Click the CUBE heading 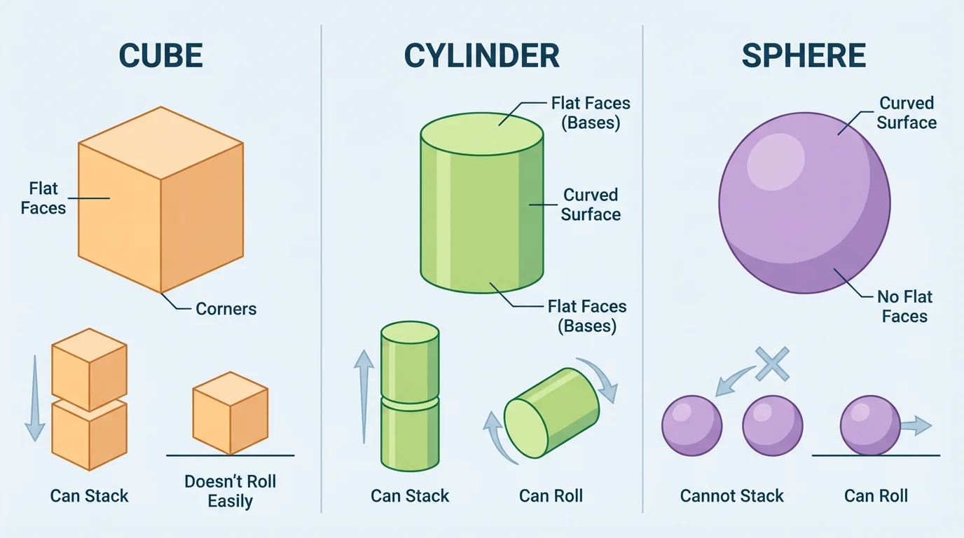point(160,56)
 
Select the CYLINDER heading point(481,56)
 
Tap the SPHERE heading point(804,56)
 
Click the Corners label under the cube point(226,309)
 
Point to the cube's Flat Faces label point(43,198)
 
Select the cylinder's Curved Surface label point(591,205)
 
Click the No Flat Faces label point(904,307)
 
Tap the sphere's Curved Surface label point(907,113)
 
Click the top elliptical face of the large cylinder point(481,133)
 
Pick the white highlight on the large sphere point(776,161)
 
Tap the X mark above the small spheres point(772,364)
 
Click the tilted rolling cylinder point(552,417)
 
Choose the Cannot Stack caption point(731,497)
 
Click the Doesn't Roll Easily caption point(230,492)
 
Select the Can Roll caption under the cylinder point(551,497)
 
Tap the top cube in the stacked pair point(89,369)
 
